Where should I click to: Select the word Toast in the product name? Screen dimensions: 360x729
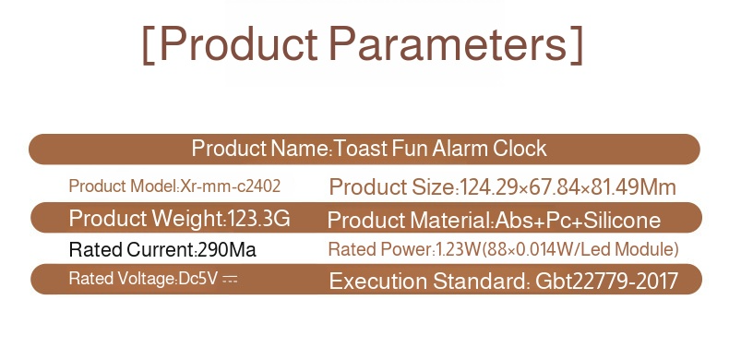pos(362,149)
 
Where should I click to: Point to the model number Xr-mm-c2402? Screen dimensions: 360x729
pos(231,186)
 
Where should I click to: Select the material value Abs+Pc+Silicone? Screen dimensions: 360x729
pos(579,221)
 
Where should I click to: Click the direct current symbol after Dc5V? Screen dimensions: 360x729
pos(230,280)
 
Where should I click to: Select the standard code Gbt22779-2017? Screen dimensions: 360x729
pos(606,281)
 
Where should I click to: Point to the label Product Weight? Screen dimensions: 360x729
pos(146,220)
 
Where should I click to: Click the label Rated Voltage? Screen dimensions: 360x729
pos(122,279)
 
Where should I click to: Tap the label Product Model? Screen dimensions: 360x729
pos(122,186)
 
